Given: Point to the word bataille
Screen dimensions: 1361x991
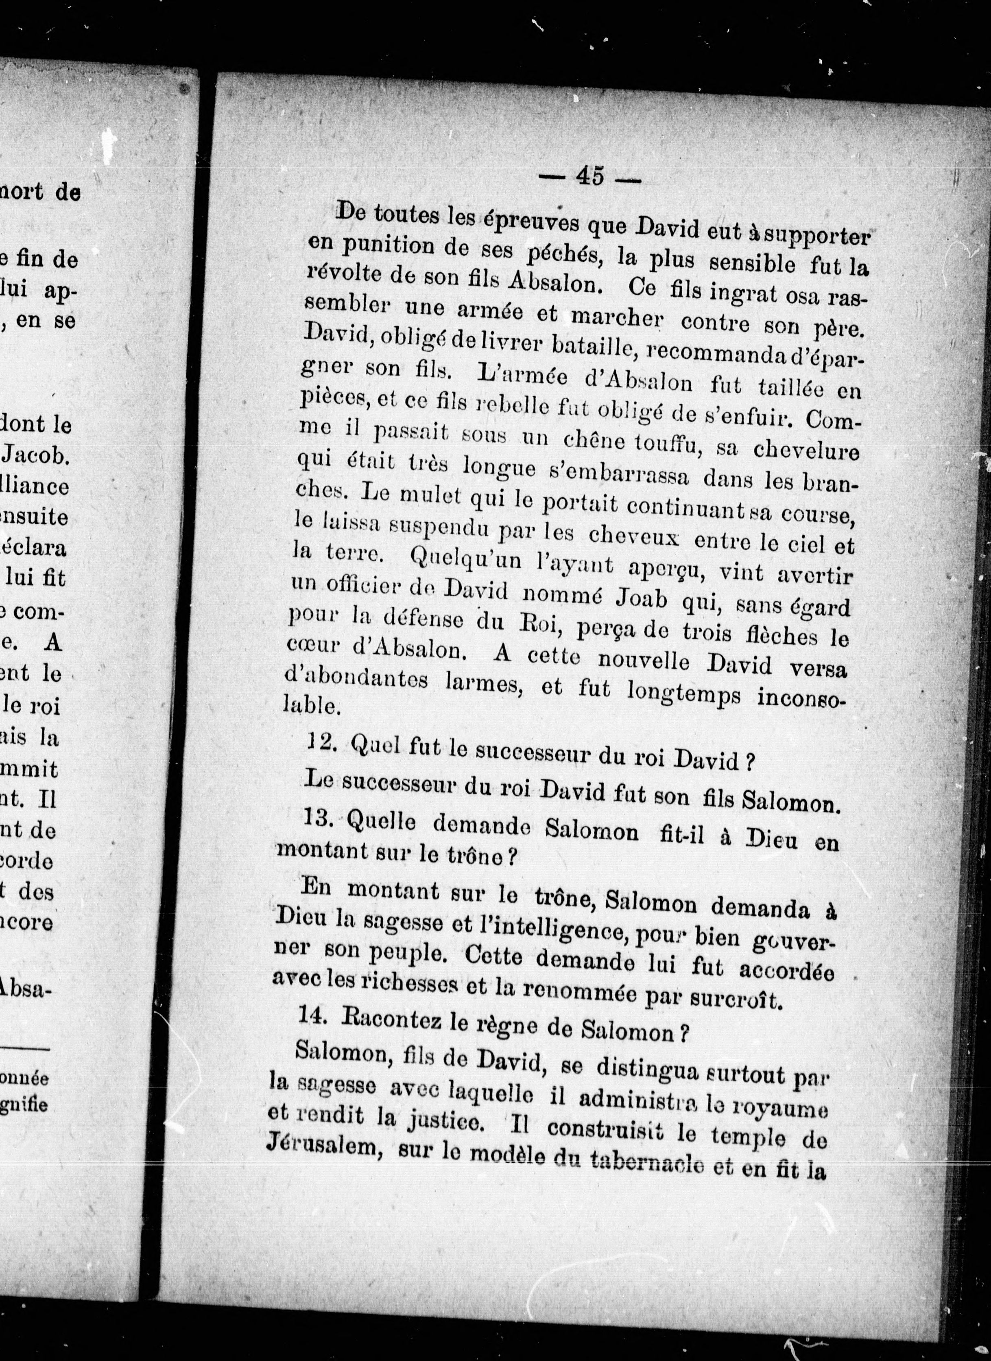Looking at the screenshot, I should coord(587,346).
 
